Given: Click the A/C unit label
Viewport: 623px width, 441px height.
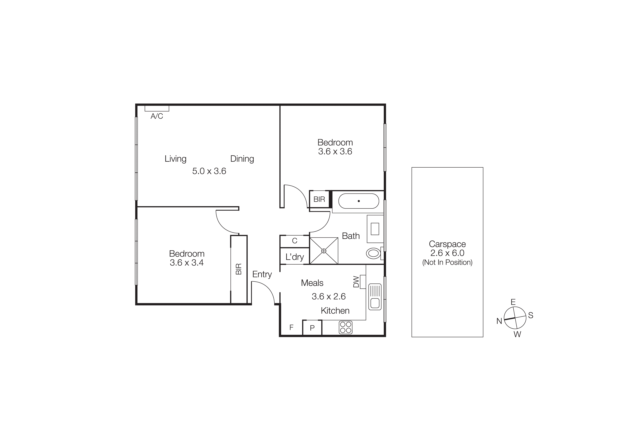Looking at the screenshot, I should [157, 116].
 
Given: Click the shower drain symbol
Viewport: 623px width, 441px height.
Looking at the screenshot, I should [324, 251].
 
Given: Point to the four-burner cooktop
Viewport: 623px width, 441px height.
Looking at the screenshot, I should [345, 328].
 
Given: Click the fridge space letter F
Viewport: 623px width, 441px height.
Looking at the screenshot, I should [291, 328].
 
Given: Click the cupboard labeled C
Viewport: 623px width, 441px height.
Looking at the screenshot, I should [295, 241].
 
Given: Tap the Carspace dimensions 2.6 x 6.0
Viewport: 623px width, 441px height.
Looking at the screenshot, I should [447, 253].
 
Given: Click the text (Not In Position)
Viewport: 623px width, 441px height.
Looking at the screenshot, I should [447, 262].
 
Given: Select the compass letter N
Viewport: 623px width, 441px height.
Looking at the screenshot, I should [499, 321].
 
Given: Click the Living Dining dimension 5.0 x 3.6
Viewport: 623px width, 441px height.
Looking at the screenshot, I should [209, 171].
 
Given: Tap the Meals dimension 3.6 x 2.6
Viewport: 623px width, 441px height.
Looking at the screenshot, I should [329, 296].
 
